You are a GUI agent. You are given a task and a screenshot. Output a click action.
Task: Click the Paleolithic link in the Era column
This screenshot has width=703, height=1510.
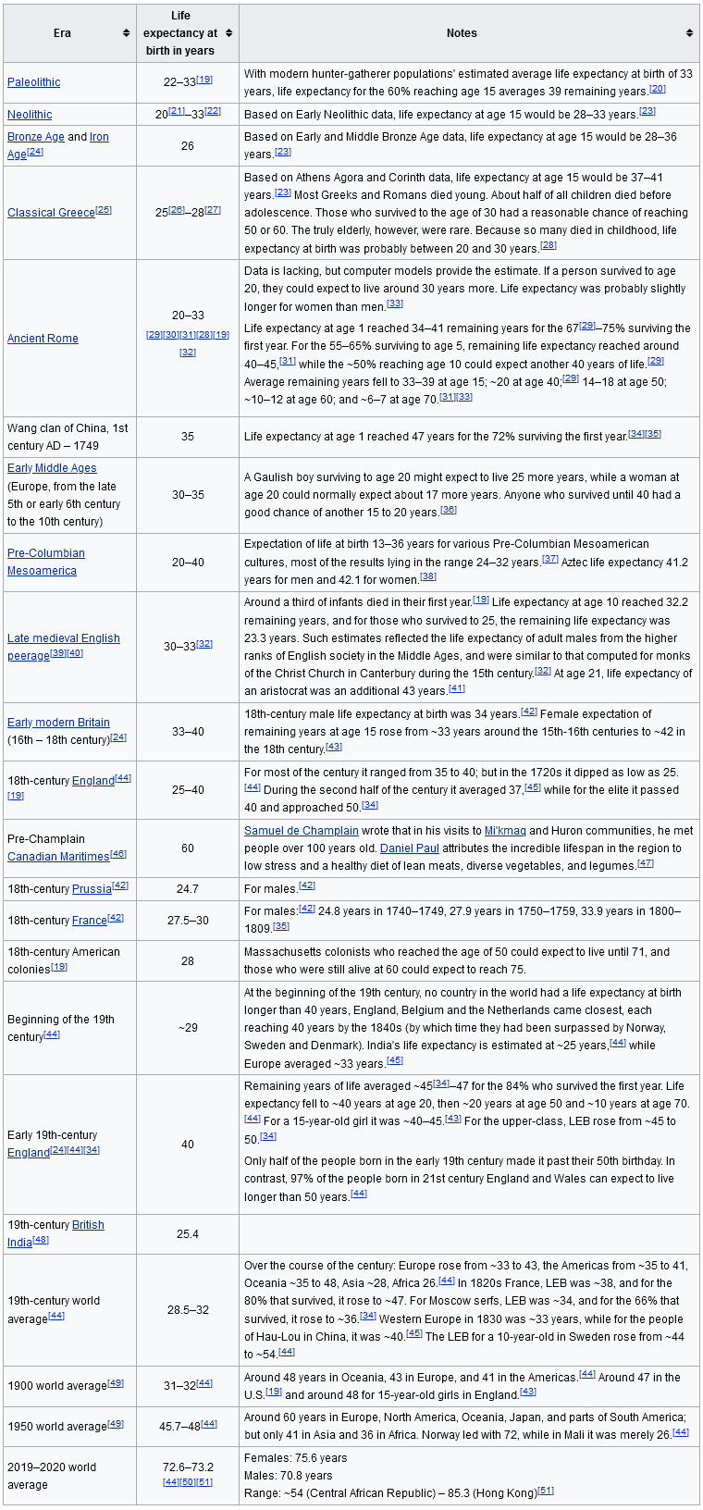33,82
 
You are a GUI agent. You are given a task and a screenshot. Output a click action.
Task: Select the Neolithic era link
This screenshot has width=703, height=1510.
30,115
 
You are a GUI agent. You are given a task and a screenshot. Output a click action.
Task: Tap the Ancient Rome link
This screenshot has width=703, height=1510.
43,339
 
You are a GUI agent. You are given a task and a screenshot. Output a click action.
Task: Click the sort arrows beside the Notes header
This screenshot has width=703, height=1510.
689,33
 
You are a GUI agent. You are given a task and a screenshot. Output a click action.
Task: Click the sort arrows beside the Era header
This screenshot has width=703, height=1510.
126,33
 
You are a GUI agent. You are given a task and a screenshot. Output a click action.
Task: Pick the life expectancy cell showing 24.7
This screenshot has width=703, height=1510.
187,888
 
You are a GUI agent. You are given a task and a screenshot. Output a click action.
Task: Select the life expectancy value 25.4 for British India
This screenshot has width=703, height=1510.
187,1233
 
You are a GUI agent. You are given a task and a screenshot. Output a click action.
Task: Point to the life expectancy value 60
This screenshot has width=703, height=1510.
187,848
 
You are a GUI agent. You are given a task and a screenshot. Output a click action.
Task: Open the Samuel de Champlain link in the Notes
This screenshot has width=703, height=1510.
301,831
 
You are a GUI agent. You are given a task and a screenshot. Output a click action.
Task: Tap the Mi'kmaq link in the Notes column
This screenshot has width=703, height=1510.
504,831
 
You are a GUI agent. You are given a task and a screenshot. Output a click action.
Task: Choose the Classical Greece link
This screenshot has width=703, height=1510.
51,213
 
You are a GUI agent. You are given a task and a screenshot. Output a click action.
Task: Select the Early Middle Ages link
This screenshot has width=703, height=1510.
52,468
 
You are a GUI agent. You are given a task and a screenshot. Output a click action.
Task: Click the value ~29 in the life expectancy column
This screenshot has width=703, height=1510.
187,1028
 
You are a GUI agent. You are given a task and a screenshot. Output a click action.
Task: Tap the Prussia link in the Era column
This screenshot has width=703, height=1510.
92,888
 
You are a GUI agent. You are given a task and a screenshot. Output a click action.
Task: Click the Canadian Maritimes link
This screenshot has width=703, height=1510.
58,857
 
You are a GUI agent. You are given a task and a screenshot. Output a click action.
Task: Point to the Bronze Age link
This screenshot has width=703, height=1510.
36,137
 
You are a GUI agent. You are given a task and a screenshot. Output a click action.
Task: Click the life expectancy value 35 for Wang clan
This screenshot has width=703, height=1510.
187,437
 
